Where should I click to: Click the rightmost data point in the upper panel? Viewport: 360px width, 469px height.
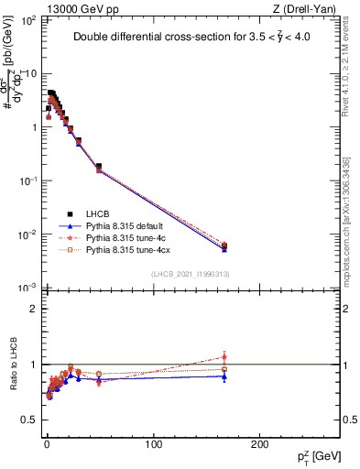click(x=224, y=245)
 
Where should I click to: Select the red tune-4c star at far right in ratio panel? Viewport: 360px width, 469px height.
click(x=224, y=356)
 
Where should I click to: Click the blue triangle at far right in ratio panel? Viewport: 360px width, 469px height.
click(x=224, y=376)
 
